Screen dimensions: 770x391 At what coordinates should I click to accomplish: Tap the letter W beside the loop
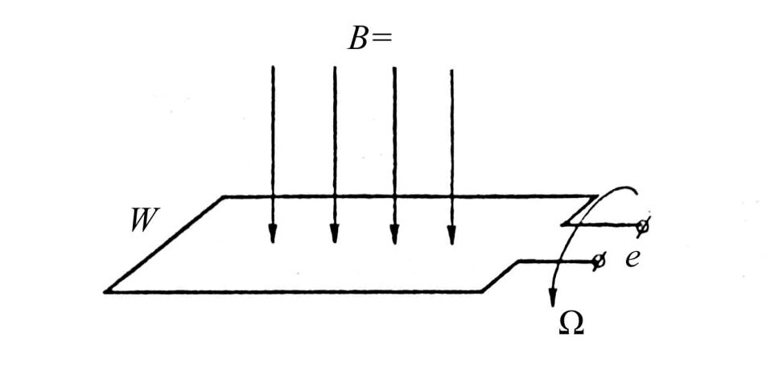(x=145, y=220)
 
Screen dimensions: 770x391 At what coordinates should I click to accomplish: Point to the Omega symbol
(x=571, y=323)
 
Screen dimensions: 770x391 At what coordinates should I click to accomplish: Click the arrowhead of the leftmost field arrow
(x=273, y=234)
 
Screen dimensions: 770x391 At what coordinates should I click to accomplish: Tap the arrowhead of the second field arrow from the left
(x=335, y=234)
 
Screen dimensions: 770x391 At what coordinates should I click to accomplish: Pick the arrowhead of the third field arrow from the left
(x=393, y=234)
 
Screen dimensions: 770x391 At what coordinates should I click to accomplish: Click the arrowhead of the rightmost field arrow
(x=452, y=235)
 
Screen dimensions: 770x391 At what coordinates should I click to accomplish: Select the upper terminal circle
(x=642, y=226)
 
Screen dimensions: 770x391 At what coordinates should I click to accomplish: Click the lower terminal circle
(x=598, y=261)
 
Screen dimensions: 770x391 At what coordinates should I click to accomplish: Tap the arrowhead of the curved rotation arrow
(x=553, y=298)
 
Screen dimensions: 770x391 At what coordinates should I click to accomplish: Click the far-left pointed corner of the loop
(x=105, y=292)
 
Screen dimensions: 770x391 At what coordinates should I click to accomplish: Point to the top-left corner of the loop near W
(x=224, y=197)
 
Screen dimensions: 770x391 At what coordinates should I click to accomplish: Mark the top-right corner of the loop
(x=597, y=196)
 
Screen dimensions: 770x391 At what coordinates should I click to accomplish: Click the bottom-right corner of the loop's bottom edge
(x=482, y=292)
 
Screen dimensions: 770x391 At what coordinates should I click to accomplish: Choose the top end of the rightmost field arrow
(x=452, y=70)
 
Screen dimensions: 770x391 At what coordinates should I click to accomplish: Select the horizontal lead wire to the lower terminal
(x=557, y=261)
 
